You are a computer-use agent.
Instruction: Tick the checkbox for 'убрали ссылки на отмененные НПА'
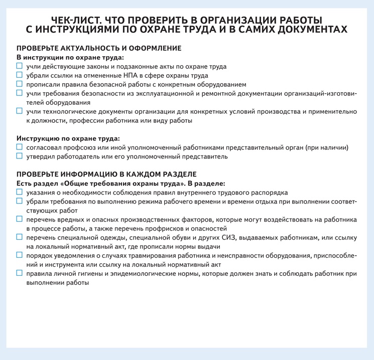coord(20,75)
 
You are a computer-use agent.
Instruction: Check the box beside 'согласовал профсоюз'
coord(20,147)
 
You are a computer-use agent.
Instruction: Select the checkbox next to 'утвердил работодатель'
coord(20,156)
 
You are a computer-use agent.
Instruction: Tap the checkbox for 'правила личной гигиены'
coord(20,274)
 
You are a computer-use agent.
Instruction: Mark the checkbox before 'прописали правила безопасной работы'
coord(20,84)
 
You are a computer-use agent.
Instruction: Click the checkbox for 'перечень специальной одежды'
coord(20,238)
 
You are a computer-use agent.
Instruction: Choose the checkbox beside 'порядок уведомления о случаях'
coord(20,256)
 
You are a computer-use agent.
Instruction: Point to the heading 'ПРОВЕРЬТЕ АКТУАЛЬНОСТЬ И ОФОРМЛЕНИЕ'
coord(99,48)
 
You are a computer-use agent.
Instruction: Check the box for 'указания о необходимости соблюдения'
coord(20,193)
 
